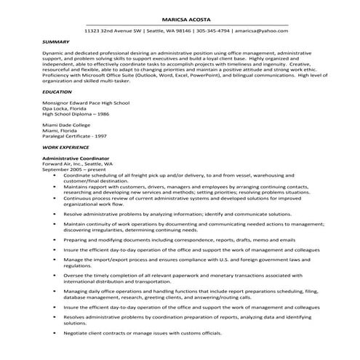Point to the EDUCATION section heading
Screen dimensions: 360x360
[57, 92]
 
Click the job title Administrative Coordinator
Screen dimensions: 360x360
[76, 158]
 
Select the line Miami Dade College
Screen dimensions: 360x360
[66, 125]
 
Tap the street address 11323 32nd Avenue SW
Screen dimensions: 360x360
[112, 31]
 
